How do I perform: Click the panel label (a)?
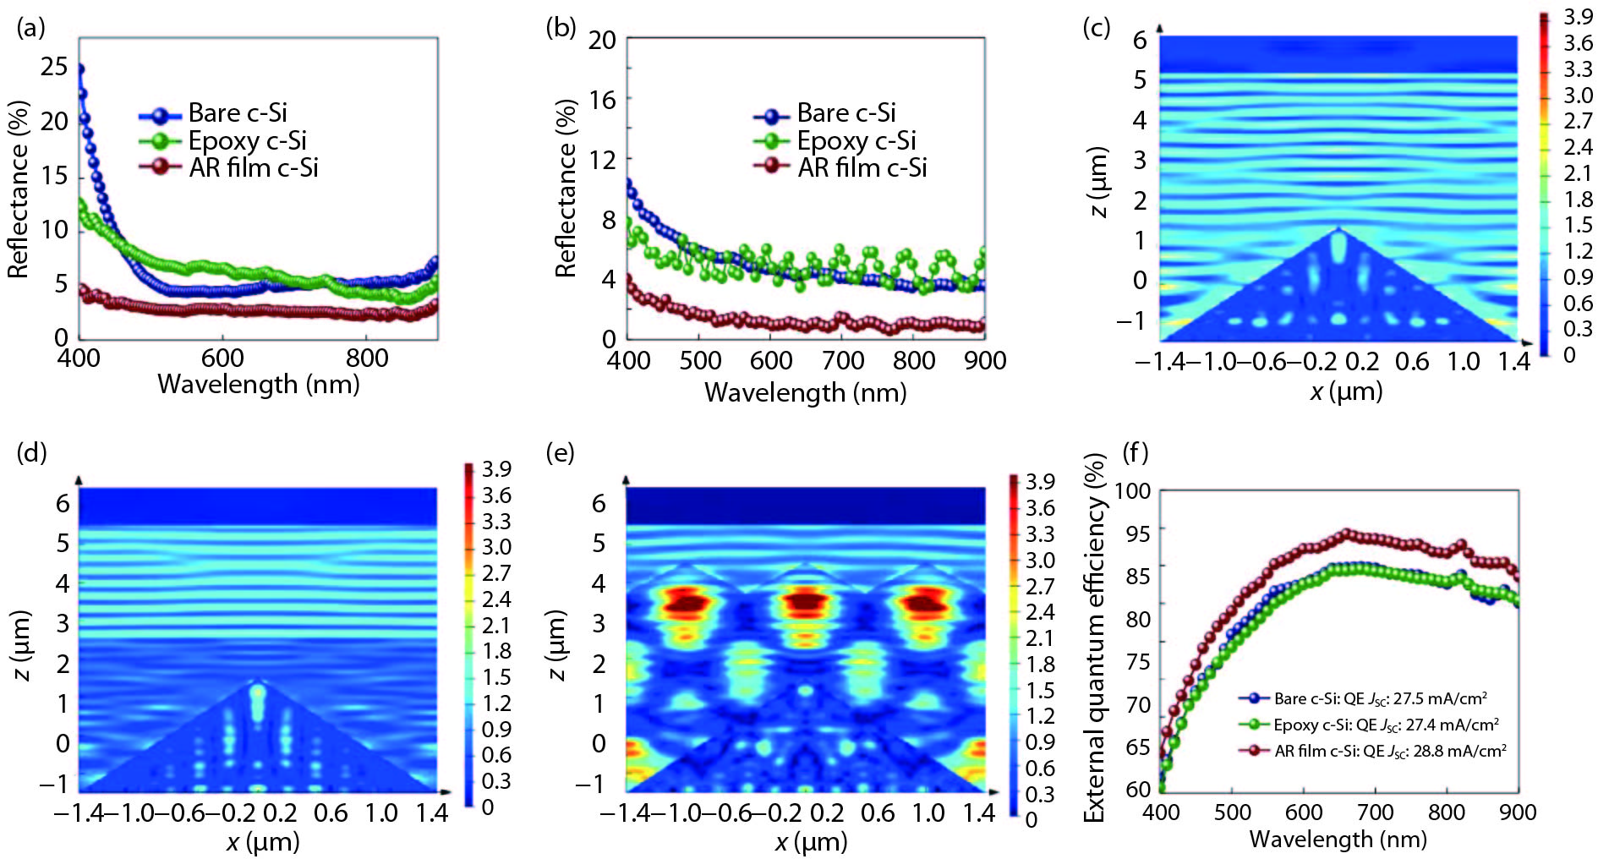tap(30, 28)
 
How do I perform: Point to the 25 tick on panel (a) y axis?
tap(54, 66)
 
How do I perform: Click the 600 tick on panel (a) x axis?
tap(222, 358)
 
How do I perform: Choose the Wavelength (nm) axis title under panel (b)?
tap(805, 392)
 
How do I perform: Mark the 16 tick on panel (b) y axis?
tap(602, 100)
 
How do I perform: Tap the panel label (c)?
tap(1096, 28)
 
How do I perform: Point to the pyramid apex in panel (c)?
tap(1338, 228)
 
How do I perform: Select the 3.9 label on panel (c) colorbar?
tap(1578, 17)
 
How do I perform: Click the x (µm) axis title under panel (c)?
tap(1346, 391)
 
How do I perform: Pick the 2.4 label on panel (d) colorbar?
tap(496, 599)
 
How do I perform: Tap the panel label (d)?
tap(31, 452)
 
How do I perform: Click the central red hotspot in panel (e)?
tap(804, 602)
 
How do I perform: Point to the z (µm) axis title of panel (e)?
tap(555, 646)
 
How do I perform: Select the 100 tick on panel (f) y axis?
tap(1132, 491)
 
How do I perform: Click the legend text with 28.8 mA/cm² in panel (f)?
tap(1390, 751)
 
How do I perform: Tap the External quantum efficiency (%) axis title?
tap(1095, 638)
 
